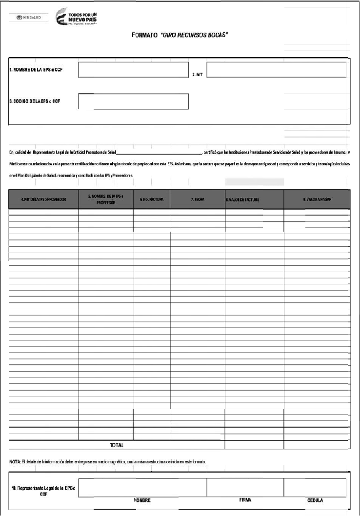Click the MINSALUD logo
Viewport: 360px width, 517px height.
pyautogui.click(x=29, y=18)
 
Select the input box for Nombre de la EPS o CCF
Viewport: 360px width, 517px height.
pyautogui.click(x=133, y=70)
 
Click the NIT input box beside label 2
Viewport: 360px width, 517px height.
pyautogui.click(x=276, y=70)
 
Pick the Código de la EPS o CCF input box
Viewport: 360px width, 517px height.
pyautogui.click(x=133, y=101)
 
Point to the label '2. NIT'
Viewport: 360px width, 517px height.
pyautogui.click(x=197, y=75)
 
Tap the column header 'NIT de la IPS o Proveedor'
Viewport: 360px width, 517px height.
pyautogui.click(x=43, y=199)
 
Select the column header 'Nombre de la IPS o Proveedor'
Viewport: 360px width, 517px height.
pyautogui.click(x=106, y=199)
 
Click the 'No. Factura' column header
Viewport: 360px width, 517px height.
pyautogui.click(x=152, y=199)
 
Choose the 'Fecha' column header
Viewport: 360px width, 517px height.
pyautogui.click(x=197, y=199)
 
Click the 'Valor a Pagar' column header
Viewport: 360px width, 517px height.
pyautogui.click(x=317, y=199)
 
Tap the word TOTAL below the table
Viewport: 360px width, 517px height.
pyautogui.click(x=116, y=445)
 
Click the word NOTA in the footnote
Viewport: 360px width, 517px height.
pyautogui.click(x=15, y=461)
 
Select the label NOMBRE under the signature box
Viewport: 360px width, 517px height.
pyautogui.click(x=142, y=500)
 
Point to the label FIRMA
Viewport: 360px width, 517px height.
pyautogui.click(x=245, y=500)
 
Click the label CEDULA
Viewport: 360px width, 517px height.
pyautogui.click(x=315, y=500)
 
